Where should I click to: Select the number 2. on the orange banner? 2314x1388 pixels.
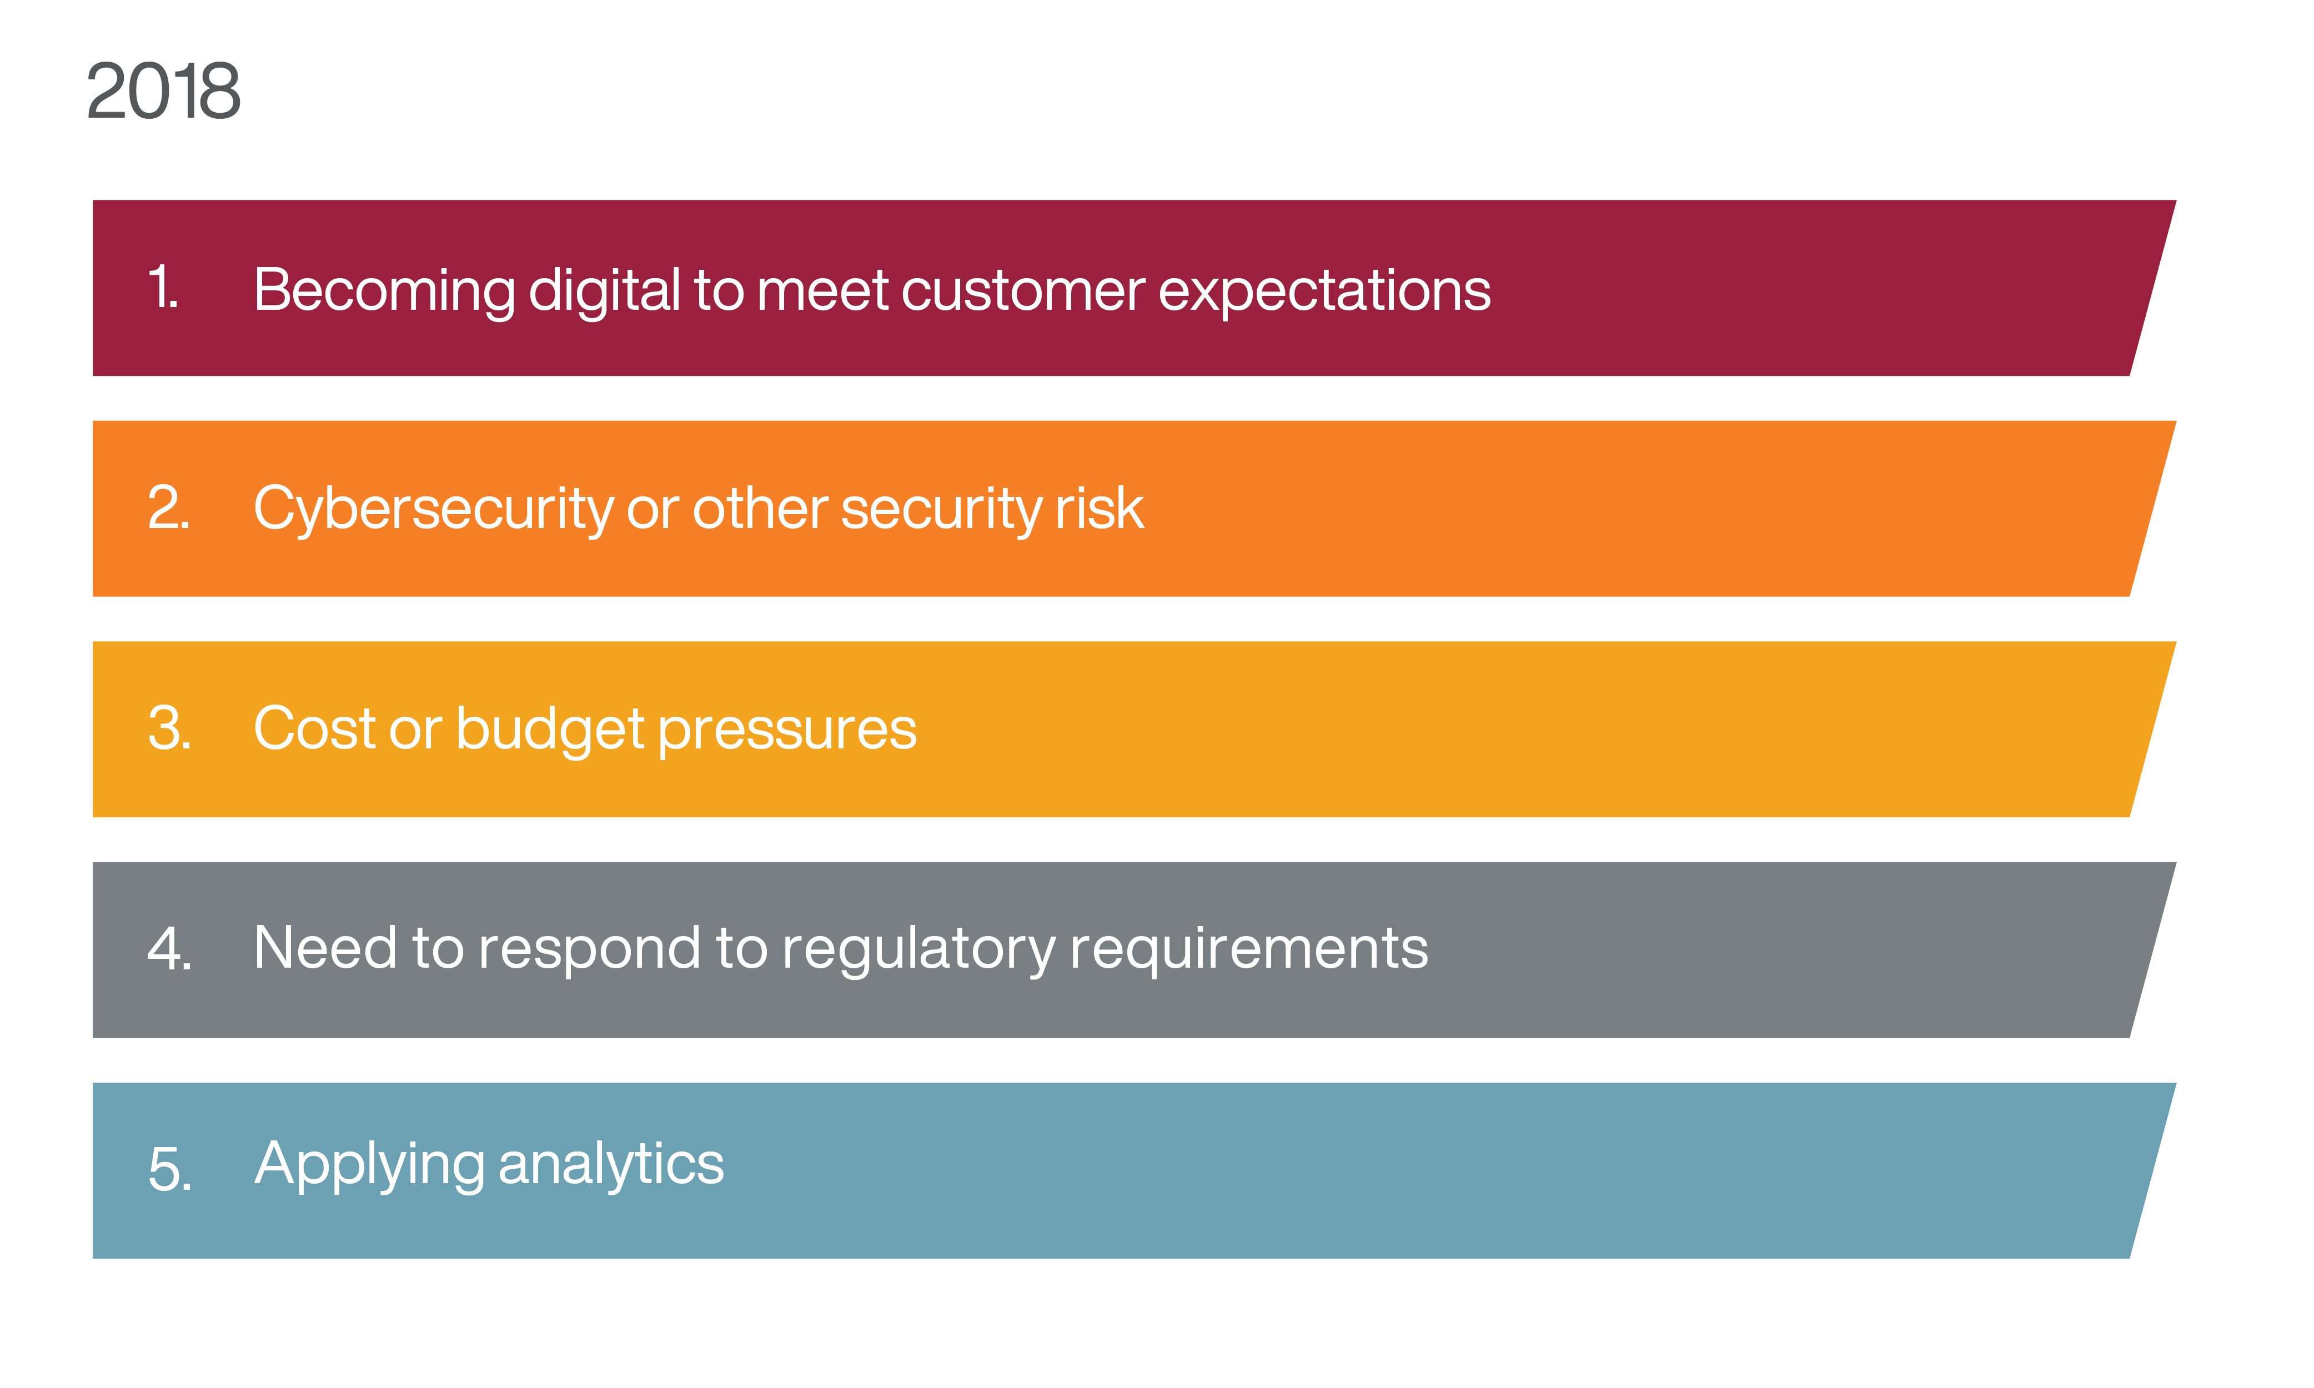tap(168, 508)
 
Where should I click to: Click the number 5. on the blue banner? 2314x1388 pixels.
tap(169, 1169)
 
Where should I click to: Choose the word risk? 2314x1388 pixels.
tap(1099, 509)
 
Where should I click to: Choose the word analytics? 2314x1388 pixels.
tap(611, 1165)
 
